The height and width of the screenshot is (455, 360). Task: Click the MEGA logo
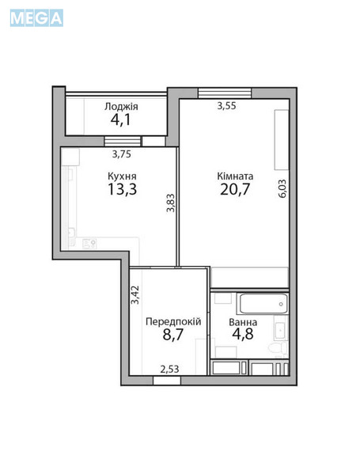coord(36,17)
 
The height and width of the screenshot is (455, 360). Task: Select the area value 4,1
coord(121,121)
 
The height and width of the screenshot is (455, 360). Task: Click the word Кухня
coord(122,176)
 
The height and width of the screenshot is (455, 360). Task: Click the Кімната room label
coord(235,176)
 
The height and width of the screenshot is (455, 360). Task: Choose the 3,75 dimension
coord(122,155)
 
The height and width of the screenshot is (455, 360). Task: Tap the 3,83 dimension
coord(170,207)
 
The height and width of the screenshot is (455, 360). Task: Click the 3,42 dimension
coord(135,295)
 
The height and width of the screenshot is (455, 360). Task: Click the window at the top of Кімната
coord(219,92)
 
